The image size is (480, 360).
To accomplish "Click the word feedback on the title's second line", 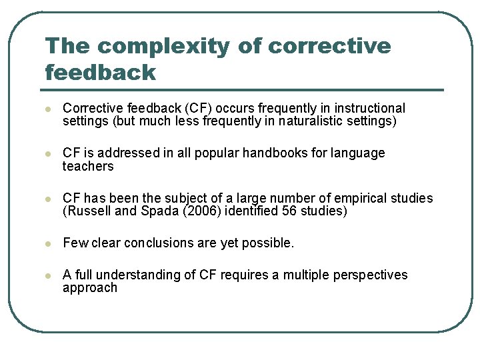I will click(100, 72).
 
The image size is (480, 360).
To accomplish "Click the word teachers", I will click(88, 167).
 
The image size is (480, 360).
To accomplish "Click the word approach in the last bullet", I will click(89, 289).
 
